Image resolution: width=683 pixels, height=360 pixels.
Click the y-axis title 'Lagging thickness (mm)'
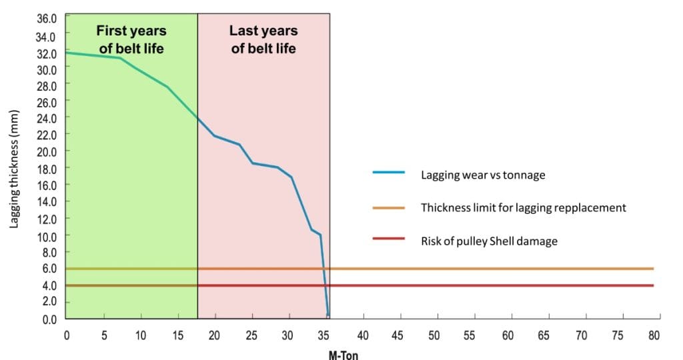click(x=13, y=169)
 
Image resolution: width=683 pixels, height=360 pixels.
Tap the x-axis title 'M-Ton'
click(x=344, y=355)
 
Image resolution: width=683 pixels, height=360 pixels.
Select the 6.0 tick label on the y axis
click(x=49, y=269)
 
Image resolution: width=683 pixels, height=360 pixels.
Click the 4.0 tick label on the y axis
click(x=49, y=285)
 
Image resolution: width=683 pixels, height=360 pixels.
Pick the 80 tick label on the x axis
click(x=654, y=335)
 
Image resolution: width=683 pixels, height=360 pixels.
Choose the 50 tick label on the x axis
click(x=434, y=335)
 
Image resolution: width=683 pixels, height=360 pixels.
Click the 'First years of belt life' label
click(x=131, y=39)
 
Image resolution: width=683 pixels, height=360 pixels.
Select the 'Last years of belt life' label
click(x=263, y=39)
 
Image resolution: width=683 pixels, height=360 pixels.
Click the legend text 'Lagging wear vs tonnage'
click(x=483, y=175)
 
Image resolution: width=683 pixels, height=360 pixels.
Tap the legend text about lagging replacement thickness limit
click(x=524, y=207)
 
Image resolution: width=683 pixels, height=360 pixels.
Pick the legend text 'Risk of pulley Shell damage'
click(x=489, y=241)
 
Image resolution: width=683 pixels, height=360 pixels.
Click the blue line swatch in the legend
click(x=388, y=173)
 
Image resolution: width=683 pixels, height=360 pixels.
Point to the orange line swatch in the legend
click(x=388, y=207)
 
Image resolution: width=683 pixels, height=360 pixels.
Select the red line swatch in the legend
click(x=388, y=239)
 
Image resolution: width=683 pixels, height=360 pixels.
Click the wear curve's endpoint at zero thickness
click(x=327, y=315)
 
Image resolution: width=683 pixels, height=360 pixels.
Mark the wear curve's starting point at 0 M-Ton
click(x=67, y=52)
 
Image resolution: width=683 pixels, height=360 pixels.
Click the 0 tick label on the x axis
click(x=67, y=335)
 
